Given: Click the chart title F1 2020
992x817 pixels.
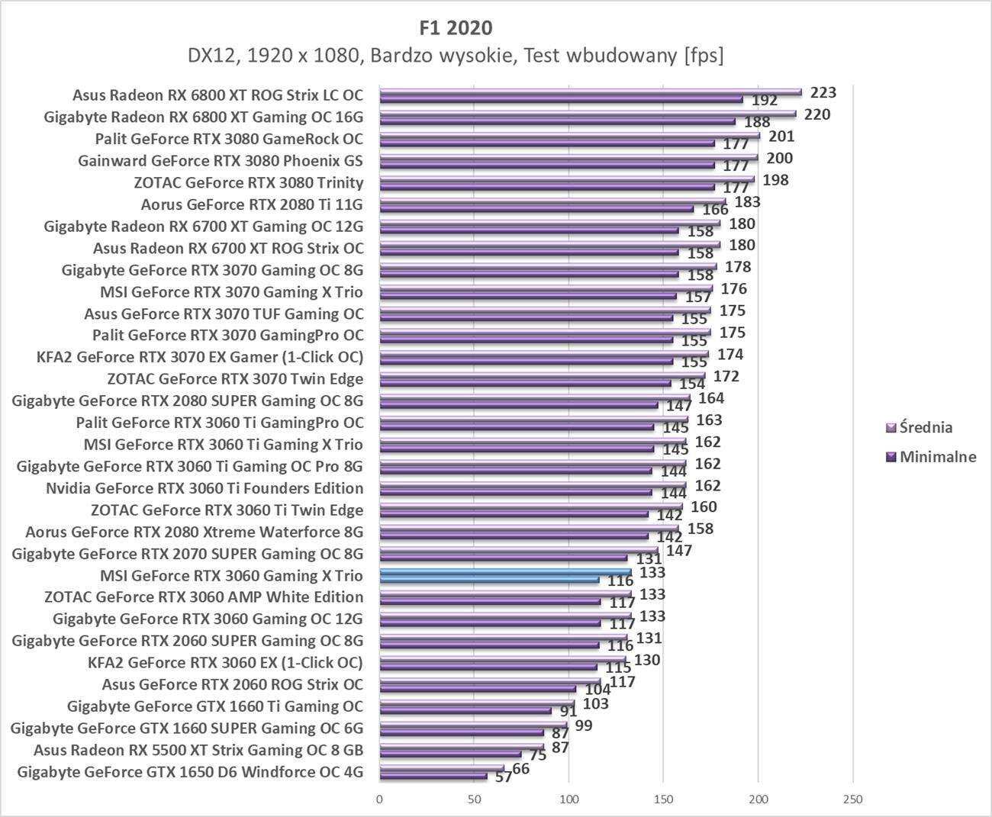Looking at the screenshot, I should click(456, 28).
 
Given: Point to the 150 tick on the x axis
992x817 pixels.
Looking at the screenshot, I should click(663, 799).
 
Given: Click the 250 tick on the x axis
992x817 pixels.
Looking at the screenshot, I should click(852, 799).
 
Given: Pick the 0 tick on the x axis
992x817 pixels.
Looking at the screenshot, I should click(379, 799).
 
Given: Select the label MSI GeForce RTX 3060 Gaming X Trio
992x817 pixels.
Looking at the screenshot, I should click(231, 576).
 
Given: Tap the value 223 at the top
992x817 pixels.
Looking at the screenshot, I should click(823, 92).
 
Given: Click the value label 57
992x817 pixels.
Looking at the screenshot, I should click(504, 777).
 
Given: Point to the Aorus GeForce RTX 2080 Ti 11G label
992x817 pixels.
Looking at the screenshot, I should click(252, 204).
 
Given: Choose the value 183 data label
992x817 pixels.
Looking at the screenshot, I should click(747, 202).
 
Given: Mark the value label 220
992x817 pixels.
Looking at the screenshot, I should click(817, 114).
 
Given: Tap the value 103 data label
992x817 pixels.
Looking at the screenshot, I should click(596, 703).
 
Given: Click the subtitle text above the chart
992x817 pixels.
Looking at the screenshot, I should click(456, 56).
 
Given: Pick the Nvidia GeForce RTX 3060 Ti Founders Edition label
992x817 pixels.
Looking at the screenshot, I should click(205, 488).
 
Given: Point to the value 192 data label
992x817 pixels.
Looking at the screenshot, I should click(764, 100).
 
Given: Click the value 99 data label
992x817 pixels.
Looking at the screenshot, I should click(584, 725).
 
